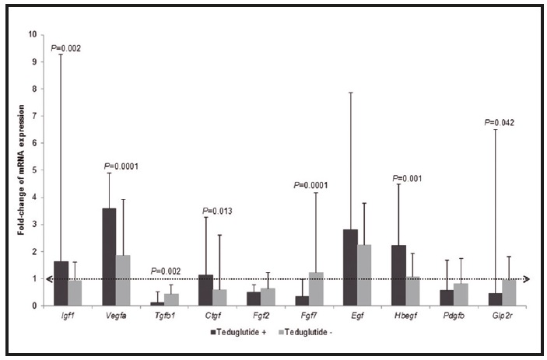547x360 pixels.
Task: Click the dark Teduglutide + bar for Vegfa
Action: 109,257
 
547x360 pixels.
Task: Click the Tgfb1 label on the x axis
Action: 166,318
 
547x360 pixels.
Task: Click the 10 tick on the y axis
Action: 32,34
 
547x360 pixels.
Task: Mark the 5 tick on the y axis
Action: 33,170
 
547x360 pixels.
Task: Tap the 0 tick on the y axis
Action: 33,306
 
